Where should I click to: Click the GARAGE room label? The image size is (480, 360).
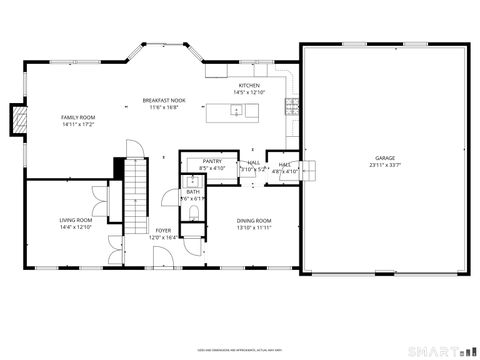[x=384, y=159]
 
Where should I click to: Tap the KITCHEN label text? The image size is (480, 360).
[x=249, y=86]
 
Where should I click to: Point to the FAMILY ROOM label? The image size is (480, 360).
[x=76, y=118]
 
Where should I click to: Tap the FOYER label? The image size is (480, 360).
[x=162, y=230]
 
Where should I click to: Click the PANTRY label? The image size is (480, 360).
[x=212, y=161]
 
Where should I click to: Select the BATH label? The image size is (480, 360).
[x=192, y=191]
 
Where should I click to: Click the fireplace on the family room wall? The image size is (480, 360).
[x=16, y=120]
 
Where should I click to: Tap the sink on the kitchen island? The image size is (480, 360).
[x=236, y=110]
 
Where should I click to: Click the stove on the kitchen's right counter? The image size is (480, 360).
[x=292, y=103]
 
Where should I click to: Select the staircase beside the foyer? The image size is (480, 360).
[x=134, y=196]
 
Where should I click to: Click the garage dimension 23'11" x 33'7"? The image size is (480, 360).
[x=384, y=166]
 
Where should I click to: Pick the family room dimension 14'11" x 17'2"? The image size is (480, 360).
[x=76, y=125]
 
